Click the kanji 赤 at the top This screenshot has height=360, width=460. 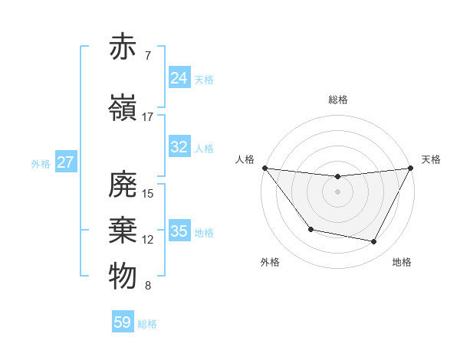click(x=123, y=47)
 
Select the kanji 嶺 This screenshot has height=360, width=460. click(x=123, y=108)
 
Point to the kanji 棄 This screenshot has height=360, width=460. click(x=123, y=231)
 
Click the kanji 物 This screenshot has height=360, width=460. click(x=123, y=277)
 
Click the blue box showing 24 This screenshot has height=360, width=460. click(x=179, y=77)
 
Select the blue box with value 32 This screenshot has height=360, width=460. click(x=179, y=147)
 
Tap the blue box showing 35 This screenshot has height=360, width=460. click(x=179, y=231)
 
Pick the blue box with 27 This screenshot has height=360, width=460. click(x=65, y=162)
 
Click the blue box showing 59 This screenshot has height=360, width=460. click(x=123, y=322)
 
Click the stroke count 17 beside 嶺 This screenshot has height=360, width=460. click(x=147, y=117)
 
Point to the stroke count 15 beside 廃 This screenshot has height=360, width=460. click(x=148, y=194)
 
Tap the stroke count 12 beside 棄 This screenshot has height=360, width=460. click(x=148, y=240)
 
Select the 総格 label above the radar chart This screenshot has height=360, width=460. click(x=338, y=100)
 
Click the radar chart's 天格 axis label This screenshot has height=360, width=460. click(x=432, y=159)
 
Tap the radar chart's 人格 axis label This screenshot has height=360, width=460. click(x=245, y=159)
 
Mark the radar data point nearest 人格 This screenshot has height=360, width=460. click(x=265, y=168)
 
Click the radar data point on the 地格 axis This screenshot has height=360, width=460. click(x=374, y=242)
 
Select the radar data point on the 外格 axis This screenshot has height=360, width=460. click(x=310, y=229)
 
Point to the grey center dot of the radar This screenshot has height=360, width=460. click(x=337, y=191)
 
